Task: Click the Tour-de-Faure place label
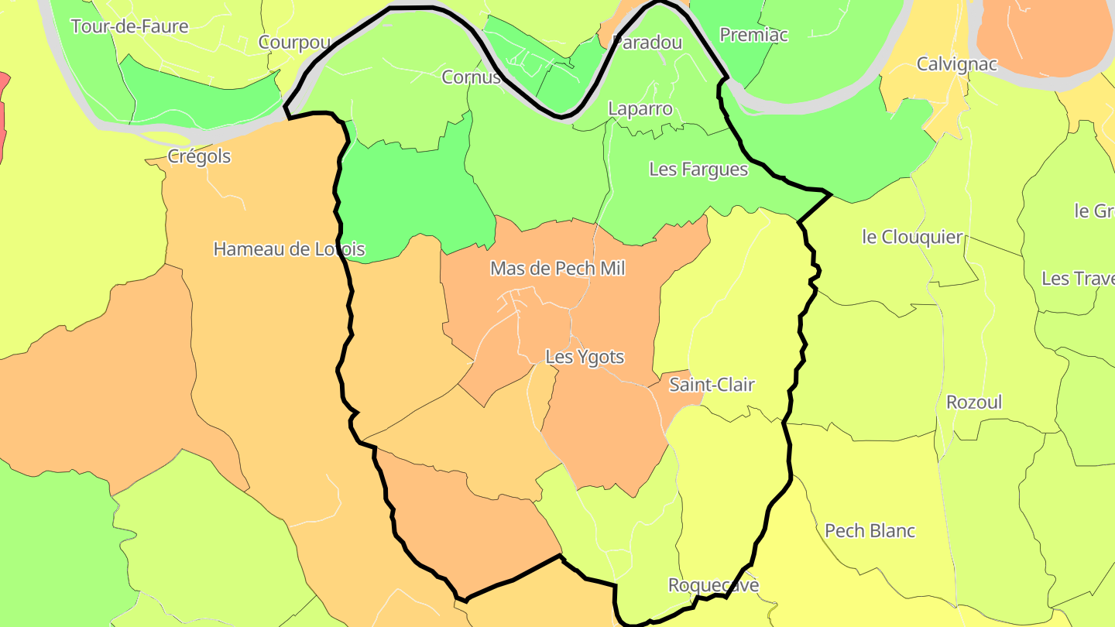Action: click(129, 26)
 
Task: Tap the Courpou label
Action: click(295, 43)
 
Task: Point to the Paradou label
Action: click(647, 43)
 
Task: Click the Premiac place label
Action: click(753, 35)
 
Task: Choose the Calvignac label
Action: click(957, 64)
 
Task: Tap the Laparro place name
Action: click(640, 108)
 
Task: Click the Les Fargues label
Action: click(698, 169)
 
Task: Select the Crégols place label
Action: click(199, 156)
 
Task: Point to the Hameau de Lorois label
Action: click(289, 249)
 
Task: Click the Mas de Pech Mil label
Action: click(557, 269)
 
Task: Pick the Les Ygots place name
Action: click(585, 357)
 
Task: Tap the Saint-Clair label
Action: click(712, 385)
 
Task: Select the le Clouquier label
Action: click(912, 237)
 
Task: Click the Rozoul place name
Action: click(974, 403)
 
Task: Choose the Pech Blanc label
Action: click(870, 531)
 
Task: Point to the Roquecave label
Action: click(713, 585)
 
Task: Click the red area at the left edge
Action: click(3, 116)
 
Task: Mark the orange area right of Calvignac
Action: click(1045, 39)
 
